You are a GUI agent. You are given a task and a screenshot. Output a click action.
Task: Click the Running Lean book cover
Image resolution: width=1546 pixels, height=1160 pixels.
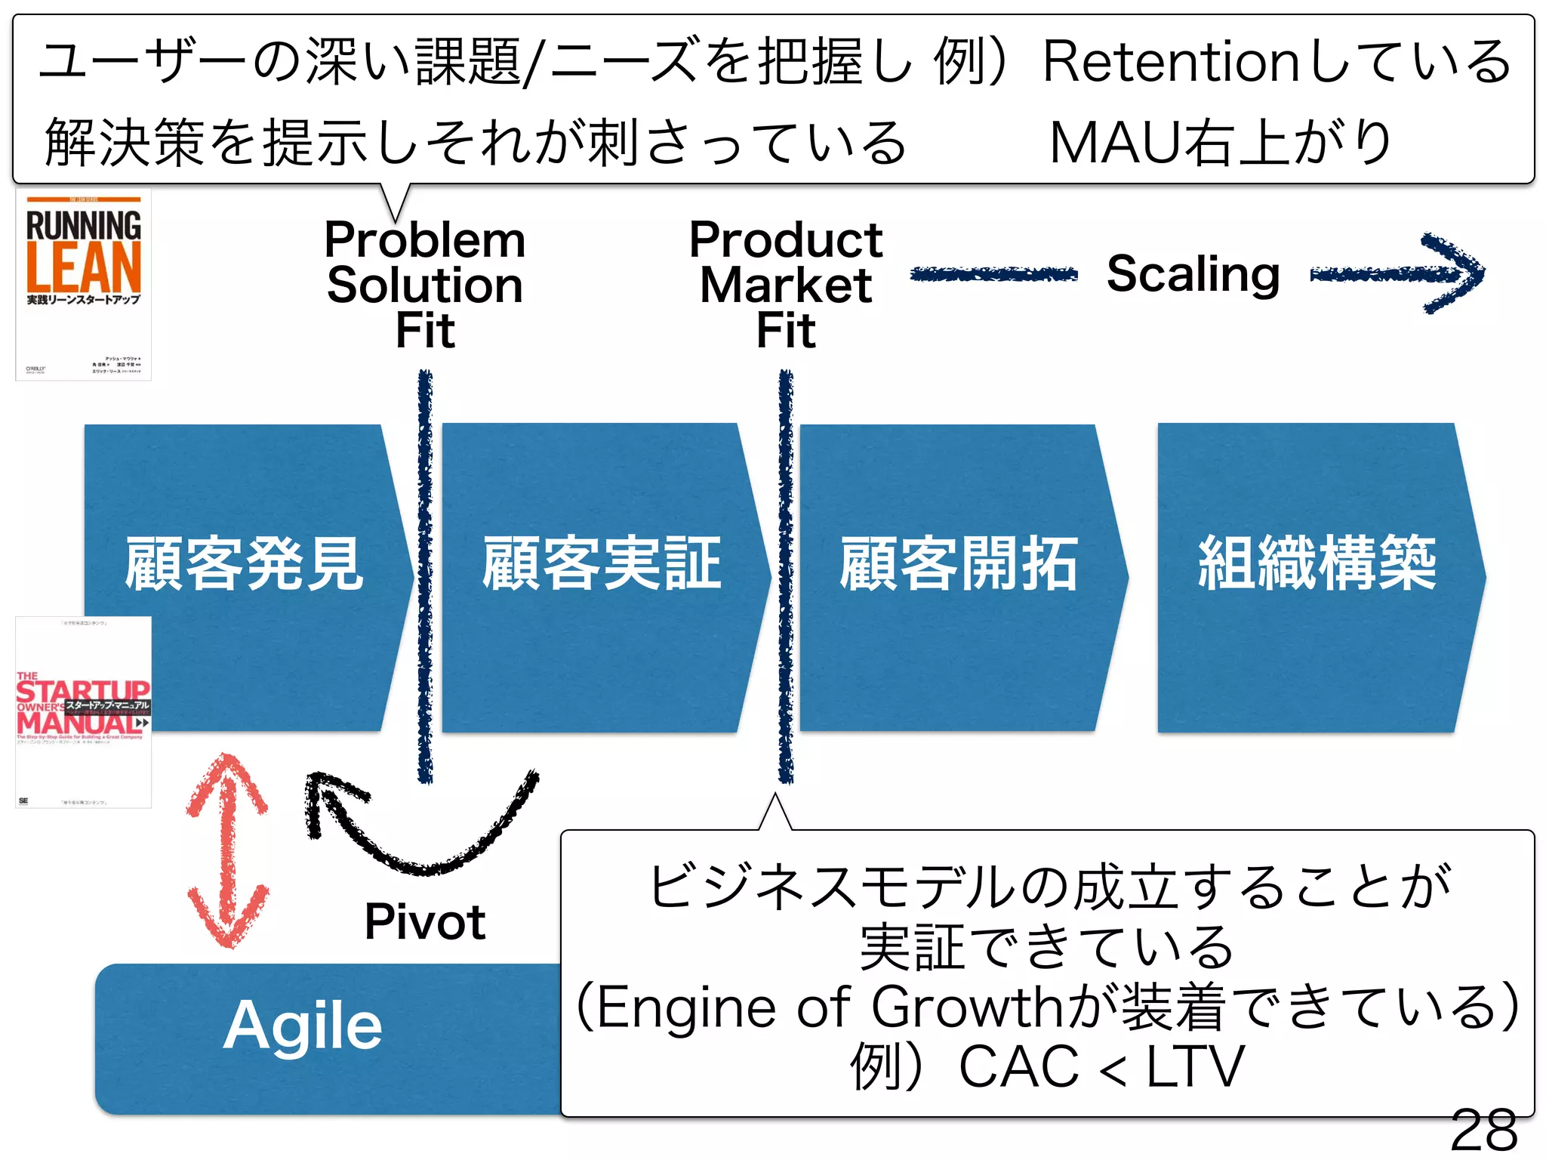(83, 285)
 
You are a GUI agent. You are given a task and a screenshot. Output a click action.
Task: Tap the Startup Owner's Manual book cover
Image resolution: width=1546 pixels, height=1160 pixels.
(83, 712)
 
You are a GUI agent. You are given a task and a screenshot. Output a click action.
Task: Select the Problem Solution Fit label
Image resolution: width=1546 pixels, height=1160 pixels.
(425, 285)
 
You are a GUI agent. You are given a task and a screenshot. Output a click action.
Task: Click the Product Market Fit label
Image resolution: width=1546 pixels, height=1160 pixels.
(786, 285)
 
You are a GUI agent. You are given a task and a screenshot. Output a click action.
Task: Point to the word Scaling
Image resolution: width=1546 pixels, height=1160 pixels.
(1193, 273)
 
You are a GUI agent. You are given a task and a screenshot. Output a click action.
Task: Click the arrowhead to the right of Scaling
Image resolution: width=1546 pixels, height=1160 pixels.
(1453, 273)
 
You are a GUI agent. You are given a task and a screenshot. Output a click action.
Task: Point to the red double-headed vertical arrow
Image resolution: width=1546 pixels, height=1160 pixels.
(226, 850)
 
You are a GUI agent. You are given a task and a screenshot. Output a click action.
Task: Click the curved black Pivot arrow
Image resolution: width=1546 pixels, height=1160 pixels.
(423, 838)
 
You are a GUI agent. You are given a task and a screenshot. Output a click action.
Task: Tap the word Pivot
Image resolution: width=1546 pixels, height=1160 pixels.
(424, 921)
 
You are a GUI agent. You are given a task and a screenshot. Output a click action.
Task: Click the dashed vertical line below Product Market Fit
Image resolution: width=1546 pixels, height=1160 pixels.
(786, 574)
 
